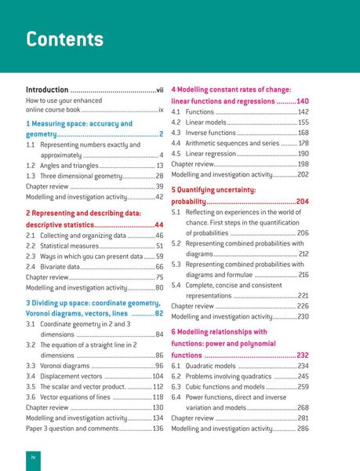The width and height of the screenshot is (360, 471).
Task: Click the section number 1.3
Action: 31,177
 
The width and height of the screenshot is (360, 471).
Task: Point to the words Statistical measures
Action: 70,246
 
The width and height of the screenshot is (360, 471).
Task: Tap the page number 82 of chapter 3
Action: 158,313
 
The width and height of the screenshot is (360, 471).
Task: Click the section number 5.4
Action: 176,285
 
